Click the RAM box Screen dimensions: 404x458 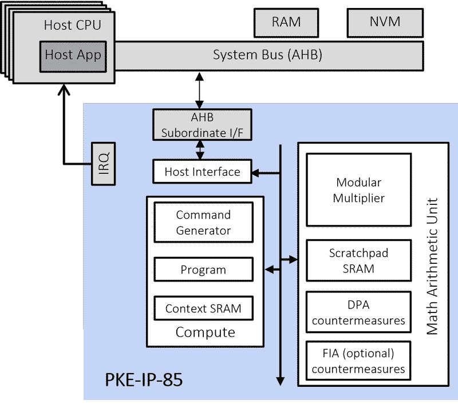coord(286,23)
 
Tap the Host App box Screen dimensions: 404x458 coord(73,56)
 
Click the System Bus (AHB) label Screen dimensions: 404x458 coord(267,56)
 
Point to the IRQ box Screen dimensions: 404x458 coord(103,162)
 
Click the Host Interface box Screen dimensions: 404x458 coord(202,172)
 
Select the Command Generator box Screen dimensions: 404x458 coord(203,223)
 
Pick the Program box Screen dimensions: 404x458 coord(203,270)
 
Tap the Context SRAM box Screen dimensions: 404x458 coord(203,308)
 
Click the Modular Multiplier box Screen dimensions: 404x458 coord(359,190)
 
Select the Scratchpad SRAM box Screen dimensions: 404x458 coord(359,260)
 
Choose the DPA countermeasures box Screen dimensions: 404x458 coord(359,312)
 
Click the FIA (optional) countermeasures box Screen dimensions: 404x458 coord(359,361)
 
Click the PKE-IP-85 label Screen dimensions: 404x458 coord(144,379)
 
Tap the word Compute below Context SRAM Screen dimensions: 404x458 coord(205,332)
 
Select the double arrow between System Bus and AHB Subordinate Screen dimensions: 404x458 coord(199,90)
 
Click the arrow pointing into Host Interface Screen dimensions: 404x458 coord(265,172)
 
